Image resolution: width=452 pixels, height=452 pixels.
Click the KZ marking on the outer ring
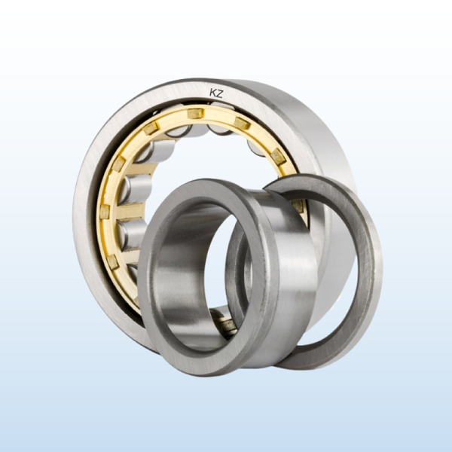pos(216,93)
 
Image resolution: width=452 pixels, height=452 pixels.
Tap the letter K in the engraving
pos(212,93)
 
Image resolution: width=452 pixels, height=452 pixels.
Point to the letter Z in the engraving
pos(220,93)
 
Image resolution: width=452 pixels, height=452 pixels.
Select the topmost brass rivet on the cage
pos(195,113)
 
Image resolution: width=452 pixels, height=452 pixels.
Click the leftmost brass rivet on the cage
pos(105,212)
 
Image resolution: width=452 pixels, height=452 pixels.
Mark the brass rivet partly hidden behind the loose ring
pos(298,206)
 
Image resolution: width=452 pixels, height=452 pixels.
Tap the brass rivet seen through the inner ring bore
pos(228,325)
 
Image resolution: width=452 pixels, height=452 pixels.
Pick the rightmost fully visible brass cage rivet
pos(278,157)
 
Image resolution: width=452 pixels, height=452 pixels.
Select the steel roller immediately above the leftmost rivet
pos(135,189)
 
